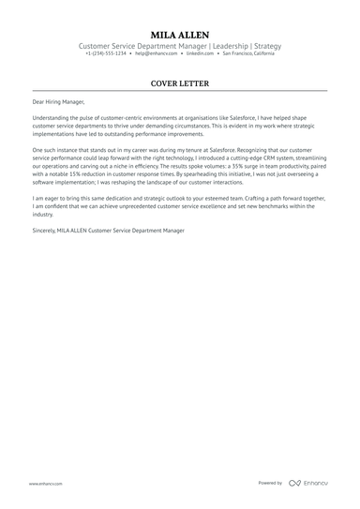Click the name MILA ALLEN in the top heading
point(180,34)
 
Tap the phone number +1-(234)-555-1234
point(106,53)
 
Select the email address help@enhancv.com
point(155,53)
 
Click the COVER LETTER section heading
point(180,82)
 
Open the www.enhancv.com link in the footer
point(45,484)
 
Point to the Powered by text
point(270,484)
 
